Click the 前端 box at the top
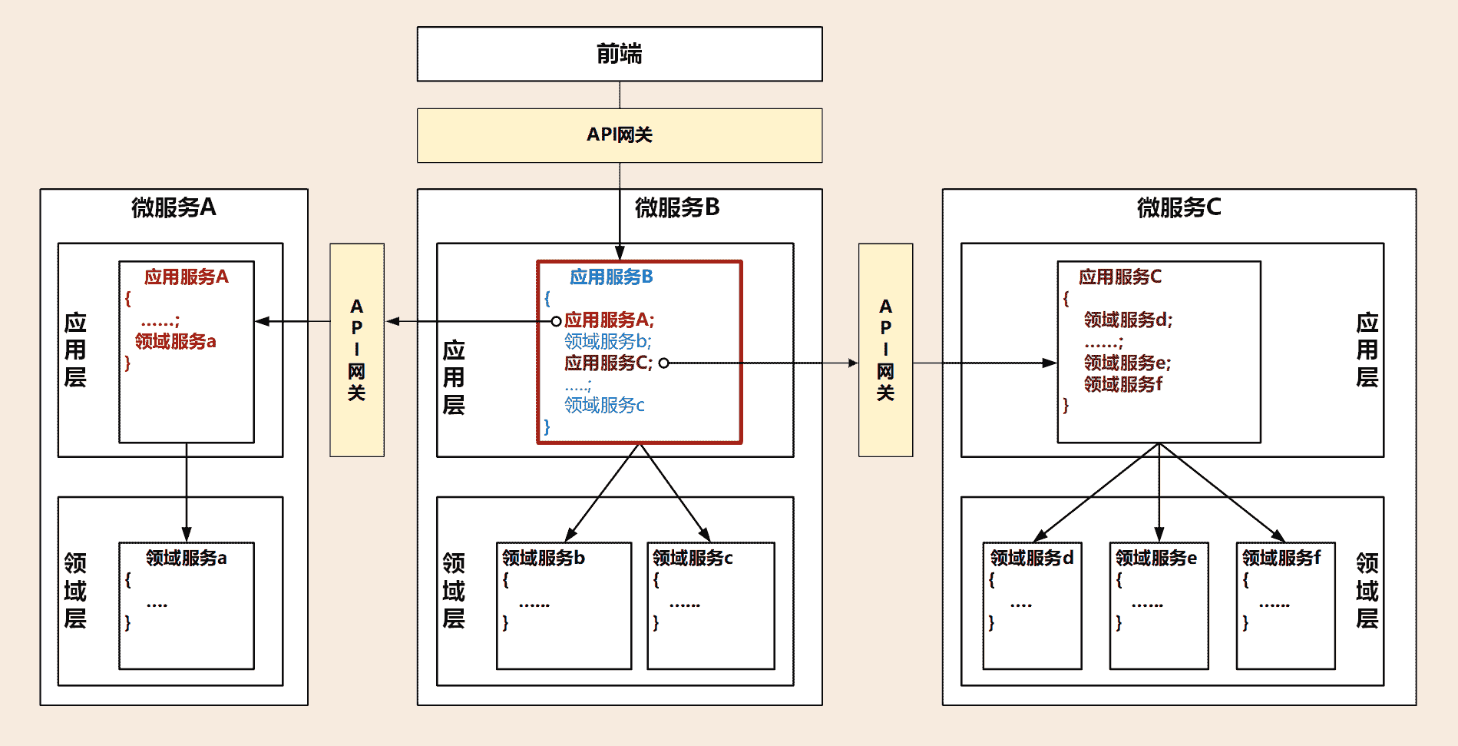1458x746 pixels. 619,54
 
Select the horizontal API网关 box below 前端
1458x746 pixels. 619,135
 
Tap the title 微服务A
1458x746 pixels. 174,207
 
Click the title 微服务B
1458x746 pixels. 676,207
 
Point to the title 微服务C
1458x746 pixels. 1179,207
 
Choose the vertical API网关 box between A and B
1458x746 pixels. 356,350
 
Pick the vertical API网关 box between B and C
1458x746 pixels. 885,350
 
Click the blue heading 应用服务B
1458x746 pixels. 611,277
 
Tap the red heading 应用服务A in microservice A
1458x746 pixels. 187,277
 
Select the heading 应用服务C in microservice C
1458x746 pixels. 1120,277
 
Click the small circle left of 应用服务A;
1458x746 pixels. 556,321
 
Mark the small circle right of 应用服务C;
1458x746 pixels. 663,363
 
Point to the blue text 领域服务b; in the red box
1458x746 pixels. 607,341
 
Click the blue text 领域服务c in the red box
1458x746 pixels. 604,405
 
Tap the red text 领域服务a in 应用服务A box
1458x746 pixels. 175,341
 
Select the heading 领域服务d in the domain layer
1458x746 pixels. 1032,558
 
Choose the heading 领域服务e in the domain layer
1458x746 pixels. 1156,558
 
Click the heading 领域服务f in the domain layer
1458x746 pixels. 1281,558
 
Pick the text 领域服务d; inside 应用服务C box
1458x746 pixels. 1128,320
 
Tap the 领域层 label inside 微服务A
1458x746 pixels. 75,591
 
